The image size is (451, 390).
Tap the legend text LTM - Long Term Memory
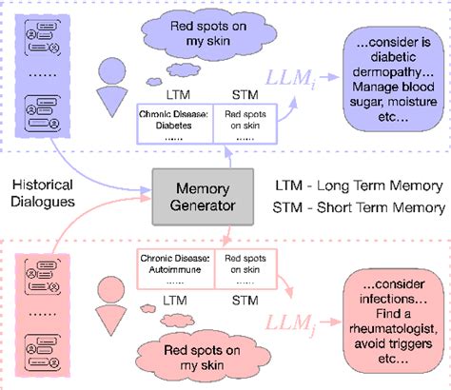(365, 185)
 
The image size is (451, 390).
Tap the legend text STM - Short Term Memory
(366, 208)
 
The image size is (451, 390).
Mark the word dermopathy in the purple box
(391, 76)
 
